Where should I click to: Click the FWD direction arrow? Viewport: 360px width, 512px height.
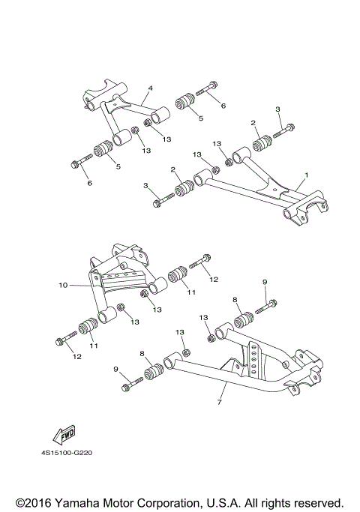point(62,434)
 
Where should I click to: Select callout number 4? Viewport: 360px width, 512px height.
point(150,88)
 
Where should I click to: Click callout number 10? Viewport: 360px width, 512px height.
point(63,285)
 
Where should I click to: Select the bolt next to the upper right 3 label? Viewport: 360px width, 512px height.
point(283,130)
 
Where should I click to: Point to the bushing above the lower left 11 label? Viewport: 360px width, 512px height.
point(88,328)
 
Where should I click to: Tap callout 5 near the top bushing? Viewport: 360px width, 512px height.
point(200,118)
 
